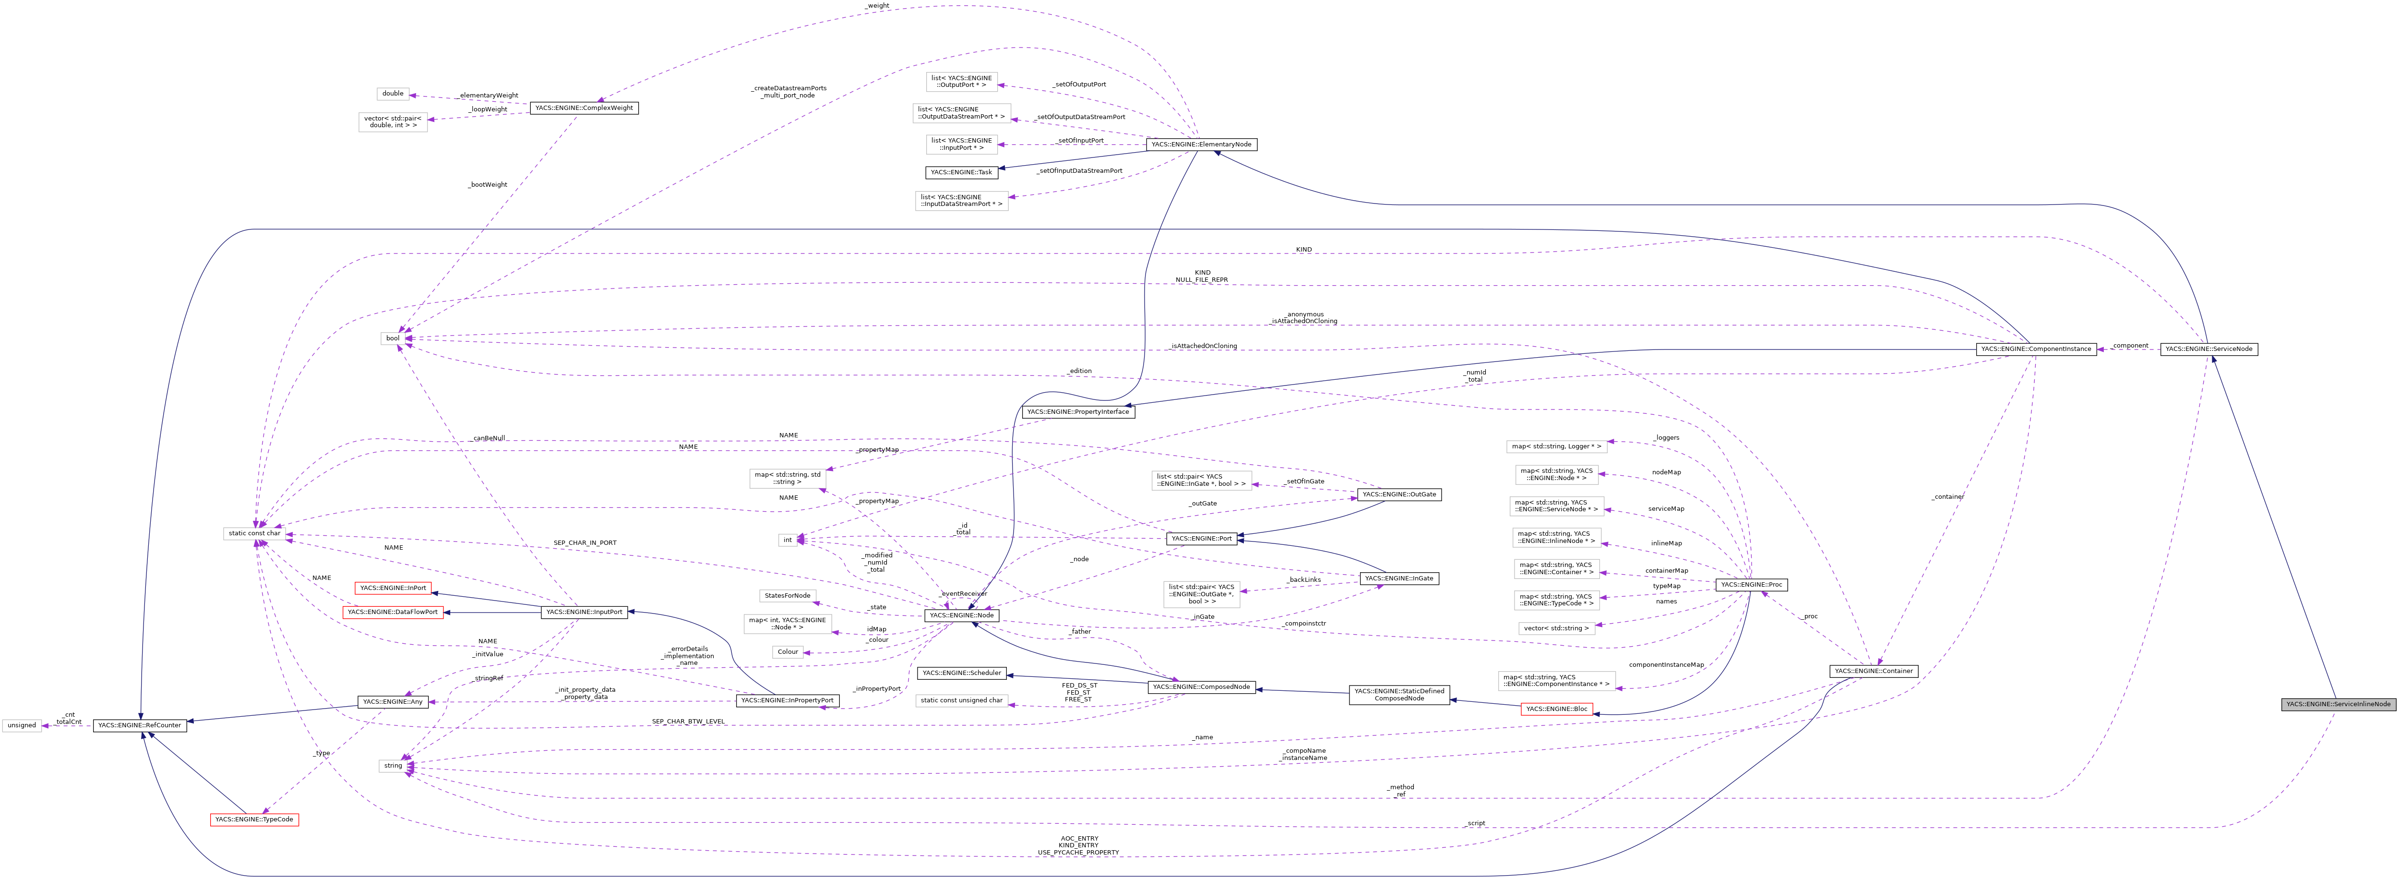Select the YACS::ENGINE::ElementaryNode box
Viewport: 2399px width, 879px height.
[1201, 144]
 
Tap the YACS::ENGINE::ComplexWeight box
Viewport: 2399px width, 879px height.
[584, 108]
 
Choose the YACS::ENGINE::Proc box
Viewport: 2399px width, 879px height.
[1751, 585]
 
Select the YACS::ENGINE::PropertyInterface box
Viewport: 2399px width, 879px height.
[1078, 411]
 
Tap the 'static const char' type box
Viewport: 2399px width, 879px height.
[253, 533]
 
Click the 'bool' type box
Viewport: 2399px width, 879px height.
[393, 338]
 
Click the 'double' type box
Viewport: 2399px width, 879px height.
[393, 94]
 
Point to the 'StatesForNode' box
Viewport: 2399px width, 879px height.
[787, 595]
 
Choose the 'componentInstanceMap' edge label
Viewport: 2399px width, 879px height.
[1666, 665]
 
